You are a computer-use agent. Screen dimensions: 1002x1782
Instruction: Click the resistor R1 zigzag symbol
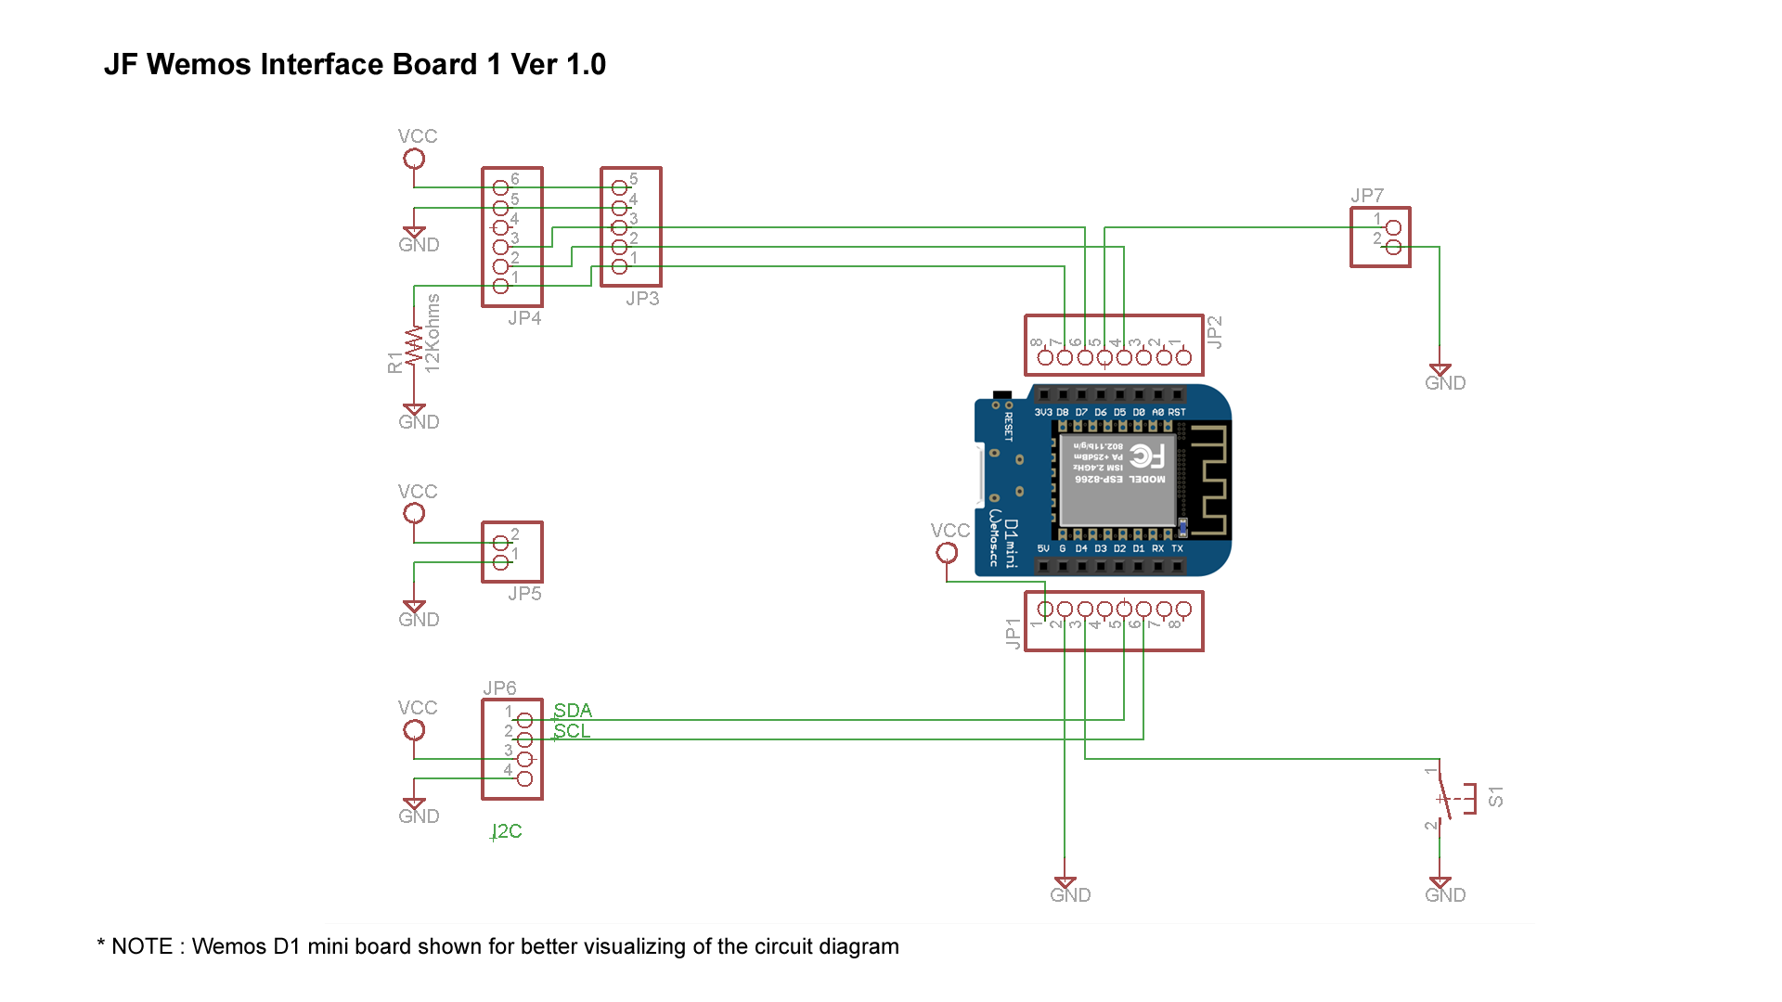pos(414,345)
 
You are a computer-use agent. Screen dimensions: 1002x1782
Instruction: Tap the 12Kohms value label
pos(433,334)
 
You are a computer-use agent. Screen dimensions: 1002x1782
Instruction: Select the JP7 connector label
pos(1366,196)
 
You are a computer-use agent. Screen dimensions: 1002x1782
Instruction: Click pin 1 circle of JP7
pos(1392,227)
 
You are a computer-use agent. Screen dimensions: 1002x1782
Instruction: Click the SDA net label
pos(573,711)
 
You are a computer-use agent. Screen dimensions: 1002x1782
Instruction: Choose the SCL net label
pos(572,731)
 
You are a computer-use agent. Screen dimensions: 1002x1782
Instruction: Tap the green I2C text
pos(507,831)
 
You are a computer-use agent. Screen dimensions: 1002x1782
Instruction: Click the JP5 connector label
pos(524,594)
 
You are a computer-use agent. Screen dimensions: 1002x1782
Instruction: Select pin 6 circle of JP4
pos(500,187)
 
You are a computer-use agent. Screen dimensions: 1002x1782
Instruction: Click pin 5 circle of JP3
pos(619,187)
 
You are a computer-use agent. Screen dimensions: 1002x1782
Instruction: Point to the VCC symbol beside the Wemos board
pos(947,552)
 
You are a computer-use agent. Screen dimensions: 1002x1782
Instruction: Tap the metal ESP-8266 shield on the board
pos(1118,480)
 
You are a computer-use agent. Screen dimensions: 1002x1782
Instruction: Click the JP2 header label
pos(1214,332)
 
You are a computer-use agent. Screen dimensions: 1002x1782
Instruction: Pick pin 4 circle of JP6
pos(524,778)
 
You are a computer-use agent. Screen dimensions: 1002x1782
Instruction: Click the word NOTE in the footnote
pos(142,946)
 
